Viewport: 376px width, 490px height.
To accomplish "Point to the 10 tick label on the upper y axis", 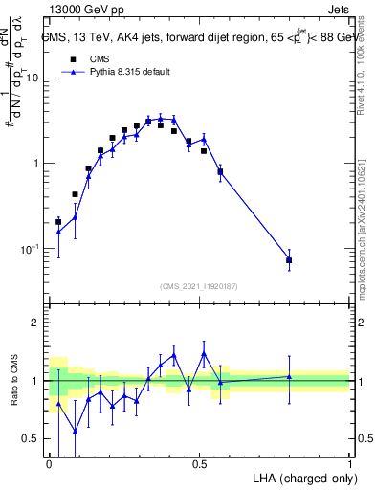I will (32, 78).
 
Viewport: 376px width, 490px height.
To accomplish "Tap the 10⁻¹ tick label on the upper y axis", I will (29, 249).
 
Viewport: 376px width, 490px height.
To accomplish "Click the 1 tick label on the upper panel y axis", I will (36, 164).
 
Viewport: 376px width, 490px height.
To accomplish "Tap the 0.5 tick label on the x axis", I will (199, 463).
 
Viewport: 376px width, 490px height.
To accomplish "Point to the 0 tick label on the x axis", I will (49, 463).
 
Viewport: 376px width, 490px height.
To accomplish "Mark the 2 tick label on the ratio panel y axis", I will (36, 323).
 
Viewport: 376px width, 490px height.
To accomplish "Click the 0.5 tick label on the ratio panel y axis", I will (32, 439).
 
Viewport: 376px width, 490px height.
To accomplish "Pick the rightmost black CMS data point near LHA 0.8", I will (289, 260).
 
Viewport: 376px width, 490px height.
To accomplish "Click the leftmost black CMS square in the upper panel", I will (58, 222).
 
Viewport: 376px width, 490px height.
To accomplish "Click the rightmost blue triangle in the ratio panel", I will (289, 376).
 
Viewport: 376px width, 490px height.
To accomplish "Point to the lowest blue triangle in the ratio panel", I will (75, 432).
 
